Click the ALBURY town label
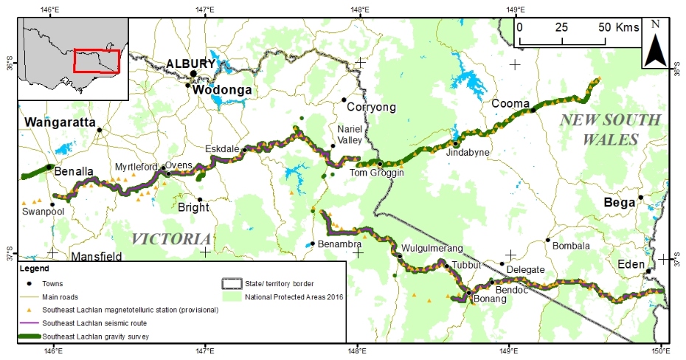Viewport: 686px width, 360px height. pyautogui.click(x=190, y=63)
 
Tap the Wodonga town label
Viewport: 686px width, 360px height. pyautogui.click(x=222, y=91)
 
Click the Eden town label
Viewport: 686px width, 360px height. pyautogui.click(x=632, y=264)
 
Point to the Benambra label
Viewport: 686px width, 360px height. pyautogui.click(x=339, y=243)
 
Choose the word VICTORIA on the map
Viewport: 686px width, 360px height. pyautogui.click(x=171, y=239)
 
